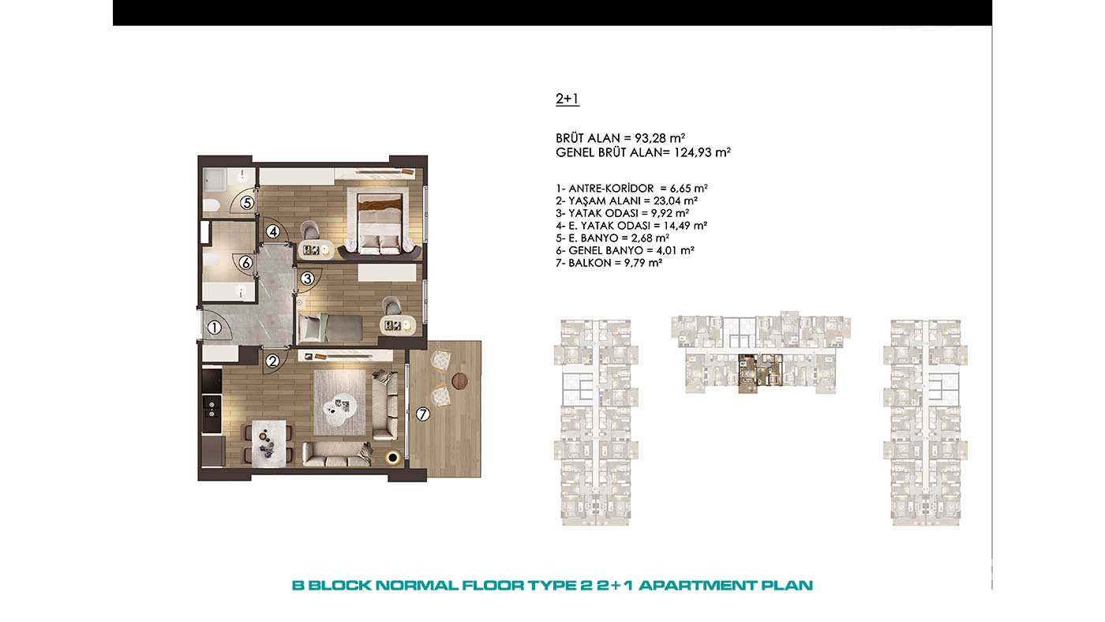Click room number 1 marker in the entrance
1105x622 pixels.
(x=214, y=328)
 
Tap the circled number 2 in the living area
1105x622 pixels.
(x=272, y=362)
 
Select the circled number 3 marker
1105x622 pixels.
(x=307, y=279)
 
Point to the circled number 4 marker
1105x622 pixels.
(x=273, y=231)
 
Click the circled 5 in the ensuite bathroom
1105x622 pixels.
(x=247, y=203)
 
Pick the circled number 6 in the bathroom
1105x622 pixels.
(x=245, y=263)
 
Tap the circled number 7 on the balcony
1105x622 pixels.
(x=422, y=414)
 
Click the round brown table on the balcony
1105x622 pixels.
(x=459, y=380)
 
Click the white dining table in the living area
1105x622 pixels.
(x=269, y=444)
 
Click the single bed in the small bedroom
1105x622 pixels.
(x=331, y=328)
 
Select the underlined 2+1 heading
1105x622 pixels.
(x=567, y=99)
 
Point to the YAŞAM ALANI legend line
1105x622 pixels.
(x=627, y=200)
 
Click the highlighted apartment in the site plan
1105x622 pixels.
(x=759, y=373)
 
